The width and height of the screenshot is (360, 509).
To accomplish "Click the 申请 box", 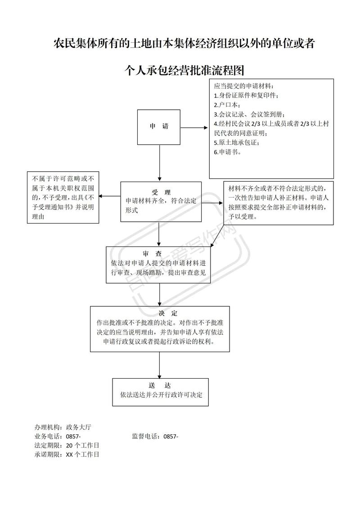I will [x=159, y=127].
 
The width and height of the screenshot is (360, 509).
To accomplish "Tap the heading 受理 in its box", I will [x=161, y=192].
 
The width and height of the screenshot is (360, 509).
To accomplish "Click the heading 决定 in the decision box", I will [x=168, y=313].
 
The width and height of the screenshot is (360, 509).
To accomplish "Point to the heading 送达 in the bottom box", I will [x=159, y=385].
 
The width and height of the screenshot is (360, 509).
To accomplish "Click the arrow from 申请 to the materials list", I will [x=195, y=127].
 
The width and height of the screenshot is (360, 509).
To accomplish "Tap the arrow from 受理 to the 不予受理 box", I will [x=109, y=196].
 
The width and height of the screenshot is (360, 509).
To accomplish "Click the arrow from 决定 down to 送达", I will [x=159, y=364].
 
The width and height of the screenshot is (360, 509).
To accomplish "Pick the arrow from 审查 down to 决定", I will [x=159, y=295].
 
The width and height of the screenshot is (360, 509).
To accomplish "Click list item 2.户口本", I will [x=227, y=105].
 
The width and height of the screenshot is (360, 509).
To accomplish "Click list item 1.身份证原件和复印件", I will [x=246, y=95].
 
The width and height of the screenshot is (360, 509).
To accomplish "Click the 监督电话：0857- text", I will [x=155, y=436].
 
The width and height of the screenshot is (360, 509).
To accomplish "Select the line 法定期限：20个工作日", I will [x=67, y=445].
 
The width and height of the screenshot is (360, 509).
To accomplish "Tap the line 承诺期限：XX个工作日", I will [x=67, y=454].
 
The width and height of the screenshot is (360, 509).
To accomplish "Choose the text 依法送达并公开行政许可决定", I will [x=161, y=395].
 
